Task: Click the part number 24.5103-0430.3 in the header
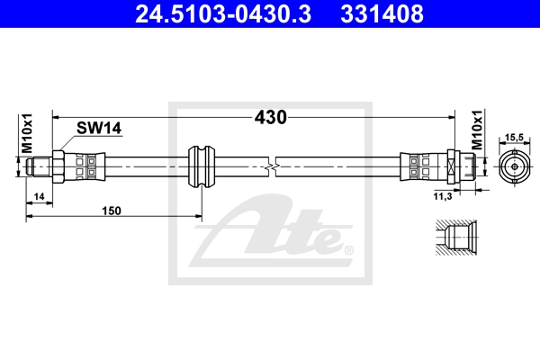point(223,13)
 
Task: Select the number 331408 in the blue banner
point(382,13)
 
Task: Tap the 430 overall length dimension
point(271,117)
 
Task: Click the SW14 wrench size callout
point(99,128)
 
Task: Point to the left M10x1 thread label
point(27,133)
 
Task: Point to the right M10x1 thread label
point(477,130)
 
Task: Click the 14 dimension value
point(40,196)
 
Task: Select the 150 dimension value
point(112,211)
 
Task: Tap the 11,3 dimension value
point(443,196)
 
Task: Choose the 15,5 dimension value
point(514,138)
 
